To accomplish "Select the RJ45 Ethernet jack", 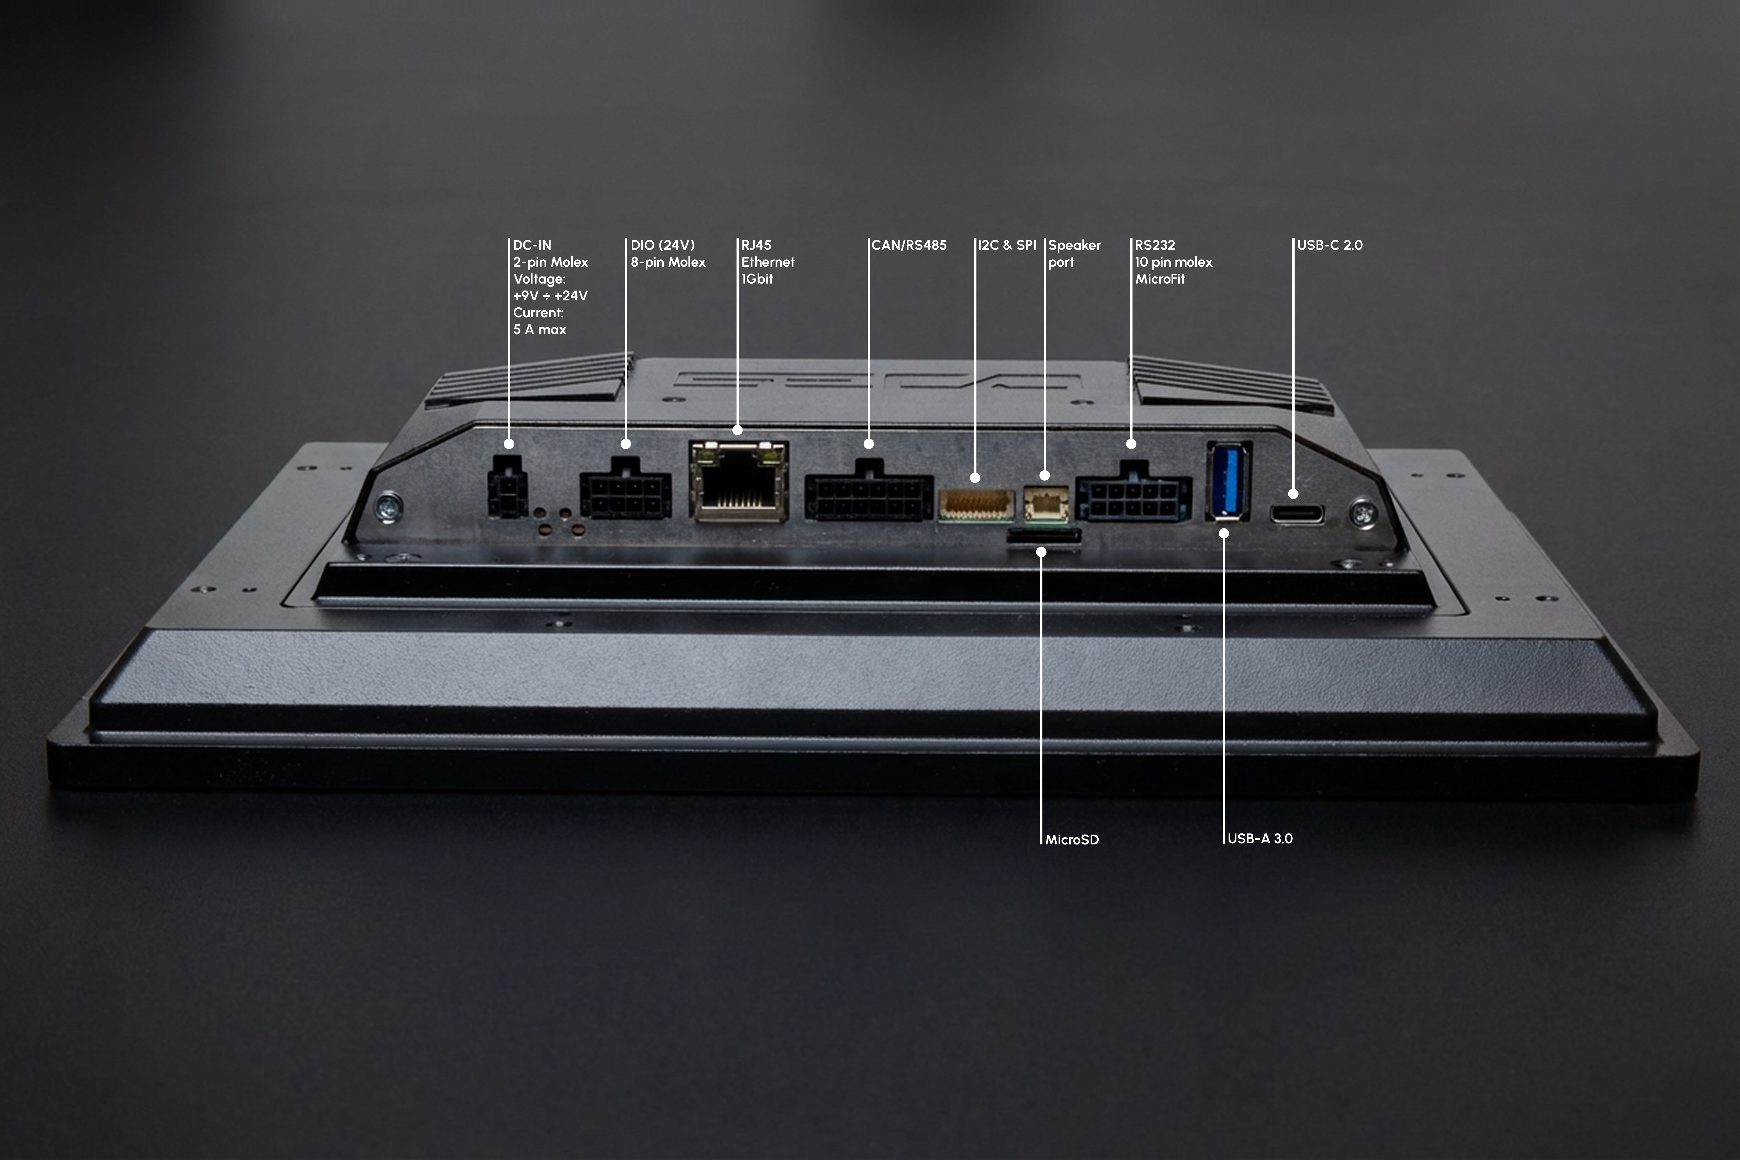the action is (x=738, y=481).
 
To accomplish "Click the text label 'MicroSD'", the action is (x=1072, y=840).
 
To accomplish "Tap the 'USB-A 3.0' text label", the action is (x=1260, y=838).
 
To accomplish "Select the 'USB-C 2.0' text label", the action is (x=1329, y=245).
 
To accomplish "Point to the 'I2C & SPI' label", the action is (x=1007, y=245).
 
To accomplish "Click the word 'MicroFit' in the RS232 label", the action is (x=1160, y=279).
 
